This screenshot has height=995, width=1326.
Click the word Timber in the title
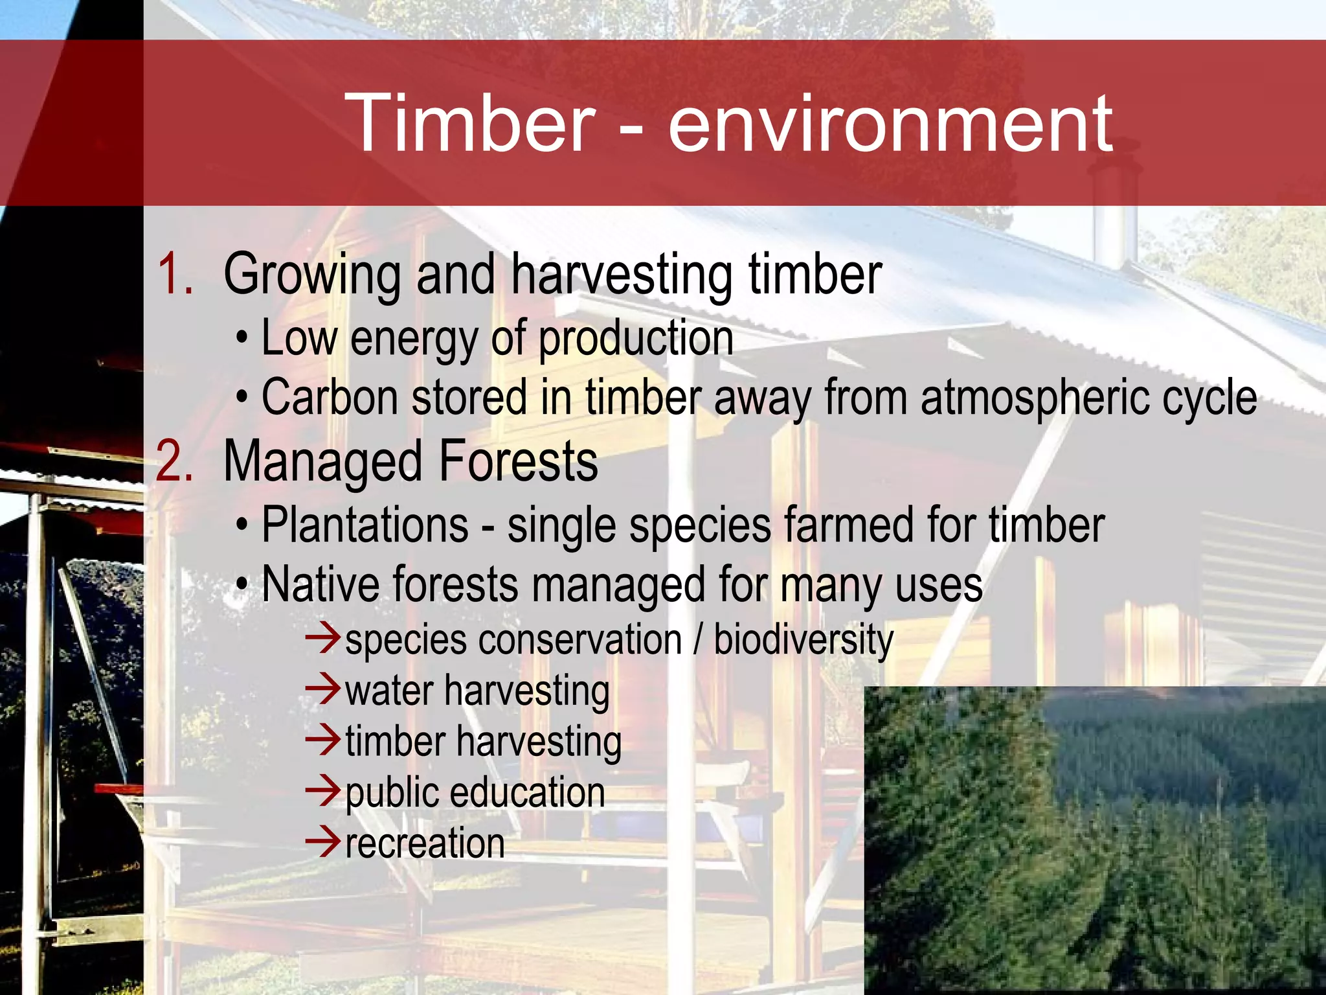[469, 123]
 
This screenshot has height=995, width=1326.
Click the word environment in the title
[890, 124]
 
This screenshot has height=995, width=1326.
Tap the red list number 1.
[175, 274]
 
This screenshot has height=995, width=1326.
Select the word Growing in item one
[312, 275]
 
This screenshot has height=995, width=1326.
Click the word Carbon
[329, 396]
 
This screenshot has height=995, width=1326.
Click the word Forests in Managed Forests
[518, 461]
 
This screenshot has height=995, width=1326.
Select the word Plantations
[365, 525]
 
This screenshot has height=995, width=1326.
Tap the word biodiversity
[803, 640]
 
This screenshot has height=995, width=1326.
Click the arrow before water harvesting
[322, 689]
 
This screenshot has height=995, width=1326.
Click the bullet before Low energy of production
[242, 338]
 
